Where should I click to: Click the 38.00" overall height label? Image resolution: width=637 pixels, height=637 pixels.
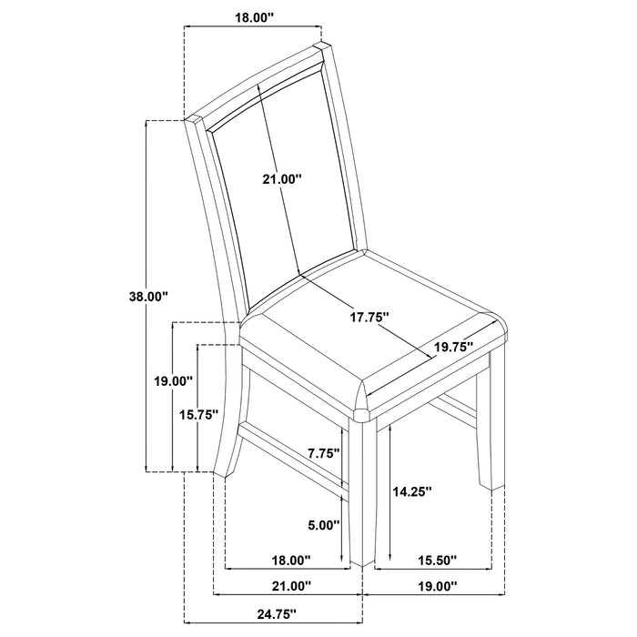149,296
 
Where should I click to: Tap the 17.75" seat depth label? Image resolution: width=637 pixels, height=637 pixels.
369,318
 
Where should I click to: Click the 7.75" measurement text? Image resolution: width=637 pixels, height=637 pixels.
323,452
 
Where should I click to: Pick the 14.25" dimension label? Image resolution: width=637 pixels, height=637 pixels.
411,491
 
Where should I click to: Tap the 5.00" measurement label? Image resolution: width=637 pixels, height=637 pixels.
323,525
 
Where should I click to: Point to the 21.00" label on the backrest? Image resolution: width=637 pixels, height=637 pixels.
281,180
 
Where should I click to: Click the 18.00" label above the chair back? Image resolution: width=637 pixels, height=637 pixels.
253,15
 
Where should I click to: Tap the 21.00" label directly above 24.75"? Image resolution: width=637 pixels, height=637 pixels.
289,585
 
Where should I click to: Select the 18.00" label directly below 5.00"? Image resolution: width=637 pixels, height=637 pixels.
290,560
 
